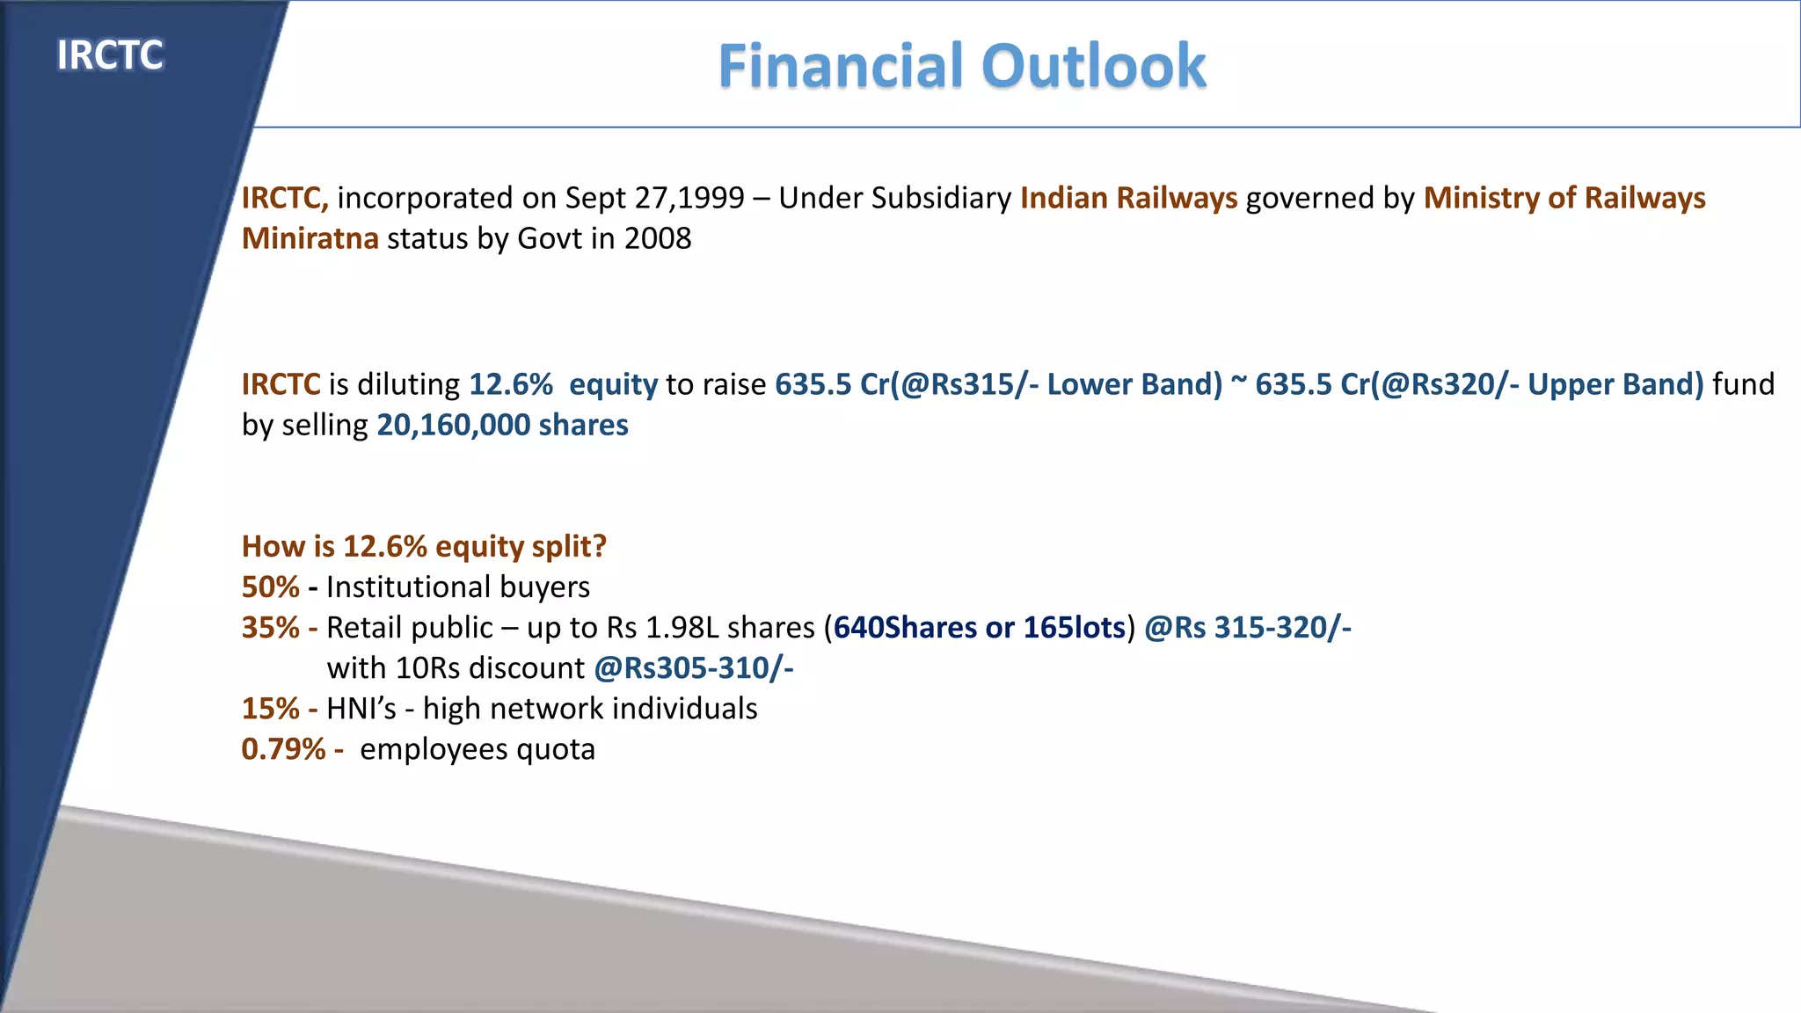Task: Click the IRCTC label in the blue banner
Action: pos(110,55)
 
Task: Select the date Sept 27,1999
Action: pos(654,198)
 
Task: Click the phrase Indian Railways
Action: pos(1128,198)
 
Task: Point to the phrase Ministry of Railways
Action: pos(1564,198)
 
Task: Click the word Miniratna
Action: pos(310,238)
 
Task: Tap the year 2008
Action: pos(658,238)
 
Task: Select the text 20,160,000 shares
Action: pos(502,425)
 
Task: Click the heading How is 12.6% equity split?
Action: pos(424,546)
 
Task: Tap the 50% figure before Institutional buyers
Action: pos(270,587)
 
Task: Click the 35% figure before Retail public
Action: pos(270,627)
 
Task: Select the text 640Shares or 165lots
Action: pos(980,627)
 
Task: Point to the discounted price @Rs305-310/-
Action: pos(694,667)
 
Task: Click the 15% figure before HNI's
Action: pos(270,708)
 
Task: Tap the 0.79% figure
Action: pos(283,748)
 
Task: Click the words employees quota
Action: pos(478,748)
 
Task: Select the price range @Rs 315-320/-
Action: pos(1247,627)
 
